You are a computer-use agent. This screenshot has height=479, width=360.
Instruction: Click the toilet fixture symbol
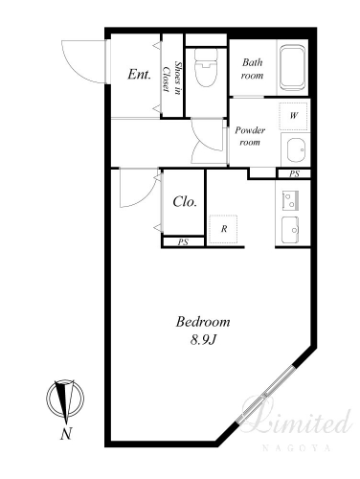[206, 68]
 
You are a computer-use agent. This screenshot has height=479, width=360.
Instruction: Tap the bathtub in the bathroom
[292, 67]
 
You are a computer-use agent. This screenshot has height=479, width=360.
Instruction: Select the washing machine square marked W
[294, 116]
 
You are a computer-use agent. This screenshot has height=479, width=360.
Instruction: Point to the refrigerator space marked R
[223, 229]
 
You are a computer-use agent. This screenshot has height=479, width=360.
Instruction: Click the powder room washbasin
[296, 150]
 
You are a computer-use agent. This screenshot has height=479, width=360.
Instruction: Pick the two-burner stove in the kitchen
[290, 201]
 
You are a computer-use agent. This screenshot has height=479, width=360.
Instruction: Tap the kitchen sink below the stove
[290, 230]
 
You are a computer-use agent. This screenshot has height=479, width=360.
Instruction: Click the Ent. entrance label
[139, 75]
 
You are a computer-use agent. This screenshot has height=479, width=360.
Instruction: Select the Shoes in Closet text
[172, 79]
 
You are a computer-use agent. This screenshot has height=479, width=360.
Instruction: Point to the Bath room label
[252, 69]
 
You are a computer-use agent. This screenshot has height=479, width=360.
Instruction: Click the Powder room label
[250, 136]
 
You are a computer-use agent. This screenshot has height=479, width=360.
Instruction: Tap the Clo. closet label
[185, 202]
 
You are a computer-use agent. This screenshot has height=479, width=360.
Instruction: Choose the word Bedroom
[203, 322]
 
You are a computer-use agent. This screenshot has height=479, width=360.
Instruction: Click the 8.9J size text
[204, 340]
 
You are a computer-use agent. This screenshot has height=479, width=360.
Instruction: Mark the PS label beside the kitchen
[294, 174]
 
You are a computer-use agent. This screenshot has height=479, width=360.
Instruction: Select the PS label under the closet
[183, 242]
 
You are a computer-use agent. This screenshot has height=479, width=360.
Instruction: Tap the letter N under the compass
[66, 434]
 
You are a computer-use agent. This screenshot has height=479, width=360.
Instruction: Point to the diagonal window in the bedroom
[264, 395]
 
